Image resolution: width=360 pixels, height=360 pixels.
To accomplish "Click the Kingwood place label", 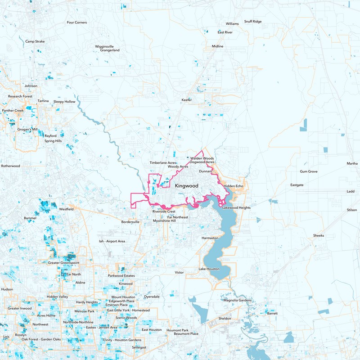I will click(x=186, y=185).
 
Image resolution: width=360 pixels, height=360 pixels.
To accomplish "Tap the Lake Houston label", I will click(x=209, y=269).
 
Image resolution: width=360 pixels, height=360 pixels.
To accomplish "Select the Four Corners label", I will click(x=76, y=22).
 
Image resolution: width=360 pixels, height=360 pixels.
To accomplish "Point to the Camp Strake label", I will click(x=35, y=41).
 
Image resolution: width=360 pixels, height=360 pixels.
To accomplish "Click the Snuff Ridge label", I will click(x=252, y=21).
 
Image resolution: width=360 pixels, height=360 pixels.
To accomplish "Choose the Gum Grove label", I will click(x=309, y=171).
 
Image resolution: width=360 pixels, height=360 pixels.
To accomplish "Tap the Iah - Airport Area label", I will click(x=112, y=241).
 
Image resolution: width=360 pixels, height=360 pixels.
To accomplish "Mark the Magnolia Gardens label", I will click(x=237, y=300).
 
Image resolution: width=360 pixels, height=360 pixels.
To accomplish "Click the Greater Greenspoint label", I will click(x=63, y=262).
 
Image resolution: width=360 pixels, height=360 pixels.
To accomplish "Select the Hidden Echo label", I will click(x=233, y=186).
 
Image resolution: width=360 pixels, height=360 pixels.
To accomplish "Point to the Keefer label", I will click(x=186, y=99).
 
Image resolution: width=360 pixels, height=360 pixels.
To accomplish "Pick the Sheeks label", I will click(x=319, y=235).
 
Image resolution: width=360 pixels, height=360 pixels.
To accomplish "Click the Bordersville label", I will click(x=130, y=222).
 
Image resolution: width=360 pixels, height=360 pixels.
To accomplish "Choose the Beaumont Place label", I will click(x=186, y=334).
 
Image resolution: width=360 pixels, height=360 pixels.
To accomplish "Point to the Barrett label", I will click(x=272, y=313).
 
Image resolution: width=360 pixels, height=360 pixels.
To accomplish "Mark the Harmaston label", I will click(x=210, y=238).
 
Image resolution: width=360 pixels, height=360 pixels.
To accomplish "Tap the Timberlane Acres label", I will click(x=163, y=162).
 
